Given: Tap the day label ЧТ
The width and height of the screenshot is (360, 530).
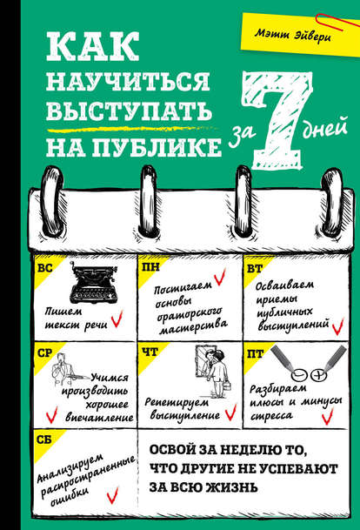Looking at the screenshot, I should (150, 353).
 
